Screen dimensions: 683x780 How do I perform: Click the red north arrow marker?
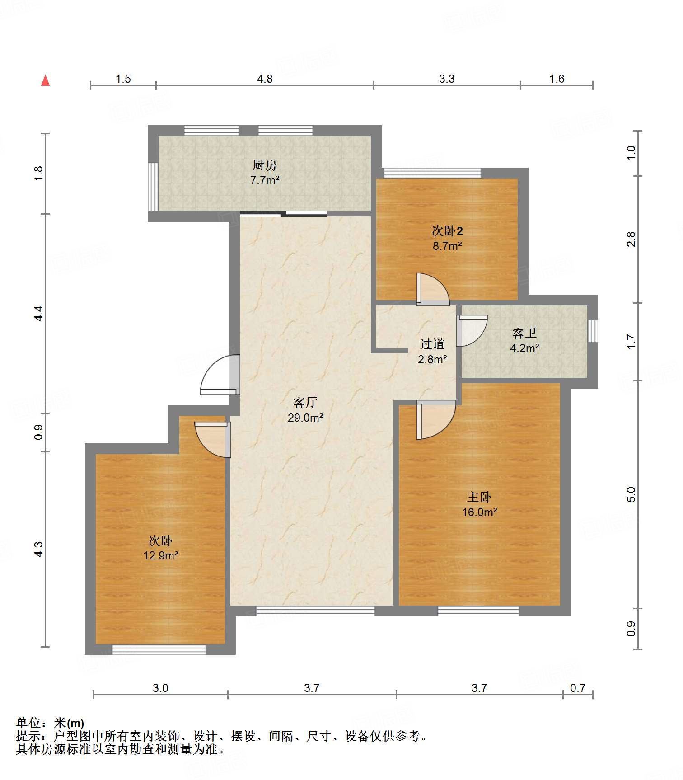point(45,80)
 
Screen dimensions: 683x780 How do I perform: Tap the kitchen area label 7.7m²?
point(265,180)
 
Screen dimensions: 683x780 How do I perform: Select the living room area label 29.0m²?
point(305,418)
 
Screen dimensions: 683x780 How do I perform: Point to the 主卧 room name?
point(479,497)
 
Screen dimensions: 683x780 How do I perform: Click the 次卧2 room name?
point(447,231)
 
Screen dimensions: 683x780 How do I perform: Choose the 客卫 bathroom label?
point(524,334)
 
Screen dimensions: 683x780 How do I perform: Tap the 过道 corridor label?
point(432,344)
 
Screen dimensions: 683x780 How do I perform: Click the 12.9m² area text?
point(161,555)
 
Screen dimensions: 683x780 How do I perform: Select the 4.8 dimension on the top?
point(265,79)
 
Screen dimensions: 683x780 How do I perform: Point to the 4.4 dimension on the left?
point(39,314)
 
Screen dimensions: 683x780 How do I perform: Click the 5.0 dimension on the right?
point(631,494)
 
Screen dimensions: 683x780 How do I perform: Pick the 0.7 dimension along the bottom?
point(578,688)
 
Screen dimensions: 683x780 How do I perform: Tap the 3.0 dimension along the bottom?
point(160,688)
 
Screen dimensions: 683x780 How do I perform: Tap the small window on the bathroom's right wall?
point(593,330)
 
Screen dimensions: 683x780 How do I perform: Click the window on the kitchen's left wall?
point(153,187)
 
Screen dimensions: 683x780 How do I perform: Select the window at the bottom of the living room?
point(315,611)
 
